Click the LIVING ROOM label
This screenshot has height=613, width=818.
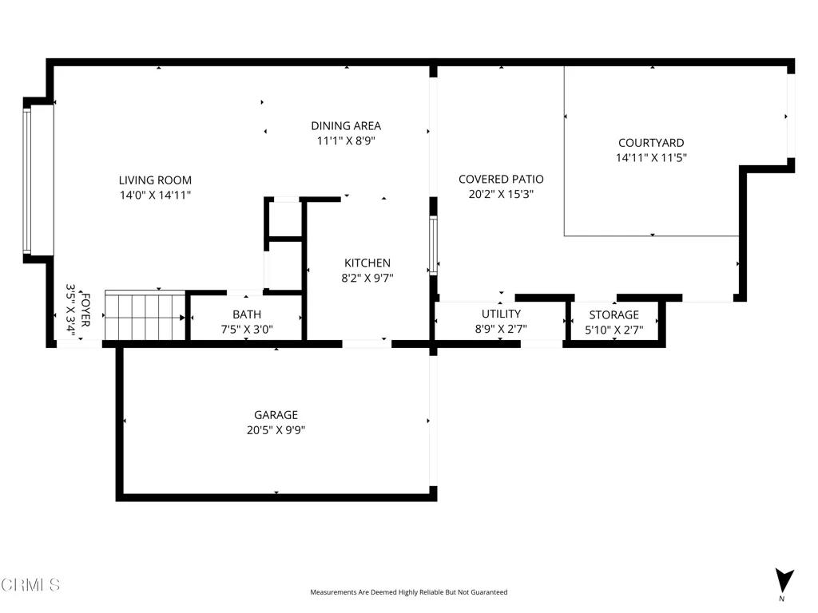point(155,180)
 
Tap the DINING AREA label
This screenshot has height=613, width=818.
point(346,126)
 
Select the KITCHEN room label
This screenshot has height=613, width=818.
point(367,263)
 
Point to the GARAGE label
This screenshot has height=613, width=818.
point(276,415)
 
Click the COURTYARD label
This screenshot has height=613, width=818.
point(651,143)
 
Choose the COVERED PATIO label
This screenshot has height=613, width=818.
point(501,180)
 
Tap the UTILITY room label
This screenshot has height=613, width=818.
point(501,314)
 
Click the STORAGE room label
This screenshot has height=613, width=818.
point(614,314)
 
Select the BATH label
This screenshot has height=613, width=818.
point(247,314)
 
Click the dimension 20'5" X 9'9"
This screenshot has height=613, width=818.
point(276,430)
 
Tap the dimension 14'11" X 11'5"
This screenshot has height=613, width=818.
point(651,158)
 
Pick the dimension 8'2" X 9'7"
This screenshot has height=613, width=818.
point(367,278)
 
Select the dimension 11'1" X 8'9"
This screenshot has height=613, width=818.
point(346,140)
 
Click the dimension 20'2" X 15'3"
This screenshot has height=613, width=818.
point(501,194)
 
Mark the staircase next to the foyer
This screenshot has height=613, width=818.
point(145,316)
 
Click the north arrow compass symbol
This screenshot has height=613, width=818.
point(784,581)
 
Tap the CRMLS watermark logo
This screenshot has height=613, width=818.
point(30,584)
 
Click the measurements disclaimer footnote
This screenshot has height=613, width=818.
point(408,592)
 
